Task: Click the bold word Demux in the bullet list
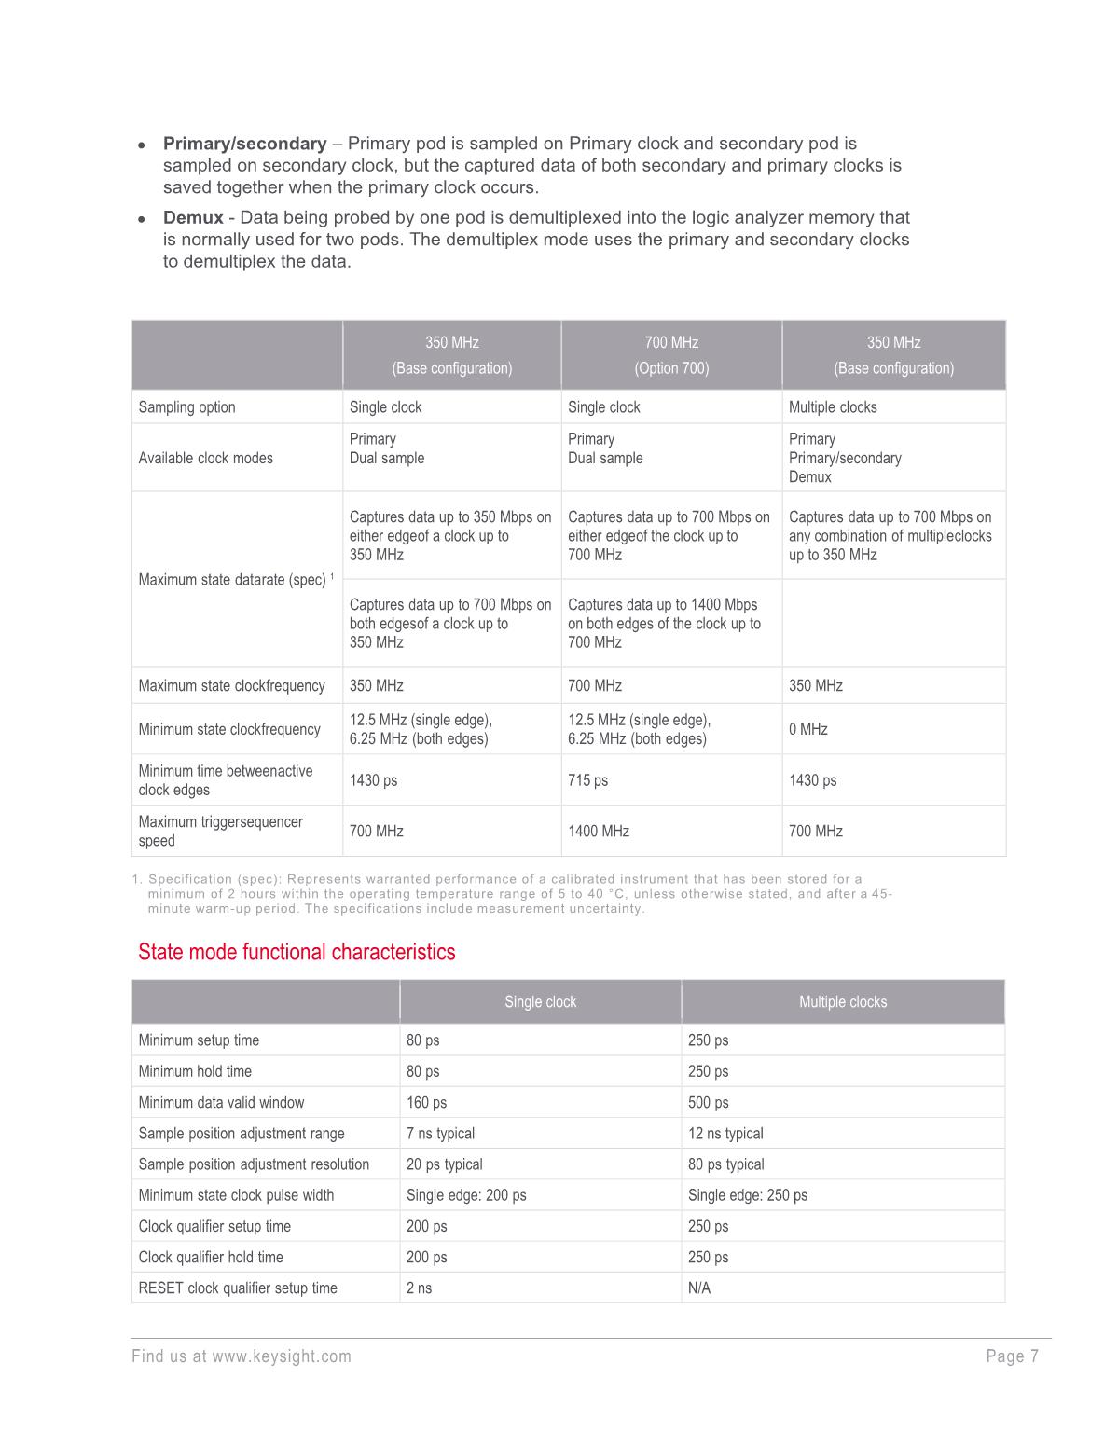[193, 218]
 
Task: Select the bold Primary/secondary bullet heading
[244, 144]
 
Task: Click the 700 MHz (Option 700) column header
[671, 355]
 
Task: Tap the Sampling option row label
[187, 407]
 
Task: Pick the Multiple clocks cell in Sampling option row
[833, 407]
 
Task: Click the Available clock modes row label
[206, 458]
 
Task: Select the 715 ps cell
[587, 780]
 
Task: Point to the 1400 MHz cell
[599, 831]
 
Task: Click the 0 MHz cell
[808, 729]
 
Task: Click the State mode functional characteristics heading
[297, 952]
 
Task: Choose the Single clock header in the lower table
[540, 1002]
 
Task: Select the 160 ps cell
[426, 1103]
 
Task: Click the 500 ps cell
[709, 1103]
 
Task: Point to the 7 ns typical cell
[440, 1134]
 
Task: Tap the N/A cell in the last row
[699, 1288]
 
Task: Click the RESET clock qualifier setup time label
[238, 1288]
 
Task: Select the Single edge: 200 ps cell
[466, 1195]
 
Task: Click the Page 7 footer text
[1012, 1356]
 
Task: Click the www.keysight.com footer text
[282, 1356]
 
